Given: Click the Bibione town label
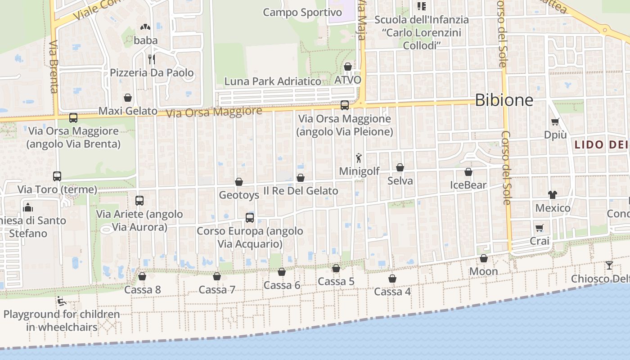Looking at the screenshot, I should (x=504, y=100).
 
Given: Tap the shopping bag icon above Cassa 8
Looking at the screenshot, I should (x=142, y=276).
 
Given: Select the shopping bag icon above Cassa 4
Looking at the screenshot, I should (x=392, y=279).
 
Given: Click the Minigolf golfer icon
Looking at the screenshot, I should (x=359, y=158).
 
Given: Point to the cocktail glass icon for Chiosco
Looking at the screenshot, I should (x=609, y=265).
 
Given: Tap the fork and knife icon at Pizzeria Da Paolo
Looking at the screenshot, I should (x=152, y=59).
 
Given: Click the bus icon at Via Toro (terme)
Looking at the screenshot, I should (x=57, y=176).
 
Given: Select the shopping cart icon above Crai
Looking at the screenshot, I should (x=540, y=228).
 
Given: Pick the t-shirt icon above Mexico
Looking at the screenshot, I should (x=553, y=195).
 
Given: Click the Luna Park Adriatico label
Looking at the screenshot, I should (x=273, y=81).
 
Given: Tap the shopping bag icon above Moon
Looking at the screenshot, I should (x=484, y=258).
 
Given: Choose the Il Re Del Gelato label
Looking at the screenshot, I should (x=301, y=191).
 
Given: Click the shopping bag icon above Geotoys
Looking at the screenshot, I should (x=239, y=182).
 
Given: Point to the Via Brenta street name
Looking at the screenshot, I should (x=54, y=67).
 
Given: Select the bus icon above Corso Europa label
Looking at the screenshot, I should (x=250, y=218).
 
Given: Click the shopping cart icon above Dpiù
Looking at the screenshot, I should (x=555, y=121).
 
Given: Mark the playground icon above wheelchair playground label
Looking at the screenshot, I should (x=62, y=301).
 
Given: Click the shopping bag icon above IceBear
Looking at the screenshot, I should (x=468, y=172).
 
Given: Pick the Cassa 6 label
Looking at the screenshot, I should (x=282, y=285).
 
